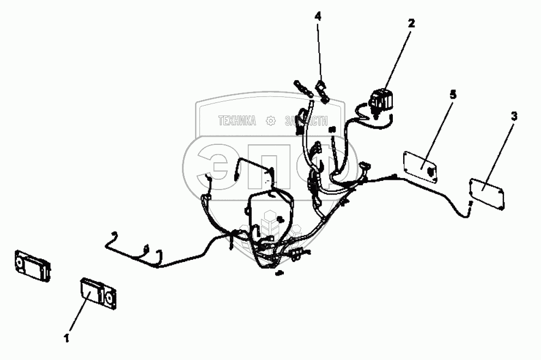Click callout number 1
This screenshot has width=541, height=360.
click(x=66, y=338)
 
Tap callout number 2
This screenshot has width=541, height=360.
click(x=411, y=23)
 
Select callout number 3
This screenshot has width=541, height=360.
click(x=514, y=116)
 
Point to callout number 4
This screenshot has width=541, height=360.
click(x=318, y=17)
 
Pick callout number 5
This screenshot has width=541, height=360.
click(x=453, y=95)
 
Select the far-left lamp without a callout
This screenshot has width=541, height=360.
click(x=32, y=266)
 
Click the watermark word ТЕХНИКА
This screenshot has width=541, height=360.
click(x=237, y=121)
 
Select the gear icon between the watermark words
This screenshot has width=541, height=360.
click(x=270, y=121)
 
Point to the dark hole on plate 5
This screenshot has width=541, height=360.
click(x=431, y=170)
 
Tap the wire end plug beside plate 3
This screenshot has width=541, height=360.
click(x=469, y=205)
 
